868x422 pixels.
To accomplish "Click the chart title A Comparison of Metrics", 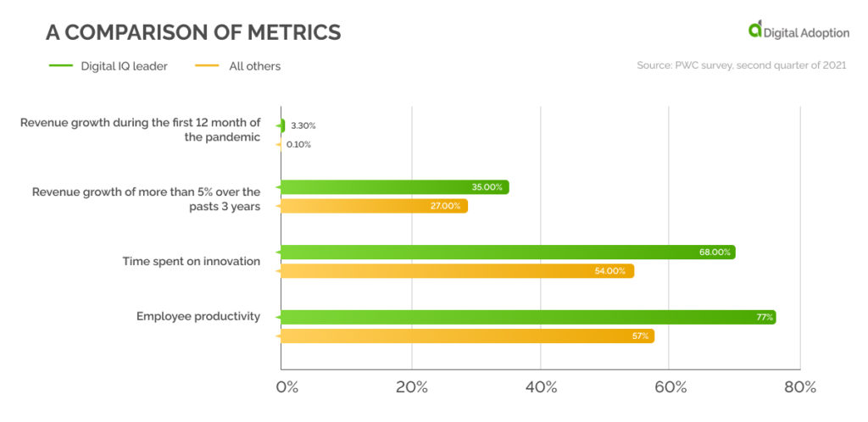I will [x=193, y=33].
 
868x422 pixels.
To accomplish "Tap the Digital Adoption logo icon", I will [x=754, y=30].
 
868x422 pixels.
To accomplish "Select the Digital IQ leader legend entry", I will [x=124, y=66].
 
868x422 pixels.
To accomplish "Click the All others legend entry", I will [x=254, y=66].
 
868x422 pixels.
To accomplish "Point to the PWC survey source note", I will [x=741, y=65].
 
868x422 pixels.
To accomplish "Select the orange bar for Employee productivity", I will [x=467, y=336].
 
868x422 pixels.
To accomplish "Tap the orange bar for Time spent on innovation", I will [x=457, y=271].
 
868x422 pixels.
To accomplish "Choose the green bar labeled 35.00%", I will [x=394, y=187].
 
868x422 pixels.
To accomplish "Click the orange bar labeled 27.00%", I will [x=374, y=206].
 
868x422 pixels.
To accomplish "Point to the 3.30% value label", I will [x=303, y=125].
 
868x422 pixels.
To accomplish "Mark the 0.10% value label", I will [x=298, y=145].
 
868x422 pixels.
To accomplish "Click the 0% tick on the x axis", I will [x=287, y=387].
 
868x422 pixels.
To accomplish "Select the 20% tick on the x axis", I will [x=412, y=387].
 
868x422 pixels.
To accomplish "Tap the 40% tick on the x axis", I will [x=541, y=387].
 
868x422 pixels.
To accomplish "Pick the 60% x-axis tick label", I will [x=670, y=387].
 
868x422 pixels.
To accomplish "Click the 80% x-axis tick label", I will [x=799, y=387].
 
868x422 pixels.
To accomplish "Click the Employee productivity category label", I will [x=198, y=317].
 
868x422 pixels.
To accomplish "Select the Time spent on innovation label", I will [x=191, y=261].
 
